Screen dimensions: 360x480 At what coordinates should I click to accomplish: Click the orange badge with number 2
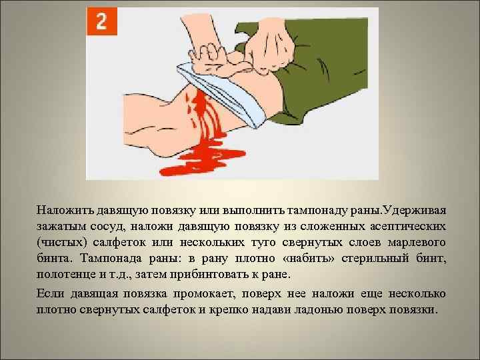tap(102, 21)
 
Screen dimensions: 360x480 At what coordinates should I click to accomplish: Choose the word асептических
tap(406, 226)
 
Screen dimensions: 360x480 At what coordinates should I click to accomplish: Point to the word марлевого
tap(414, 241)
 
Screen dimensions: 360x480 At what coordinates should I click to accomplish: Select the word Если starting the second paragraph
tap(51, 294)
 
